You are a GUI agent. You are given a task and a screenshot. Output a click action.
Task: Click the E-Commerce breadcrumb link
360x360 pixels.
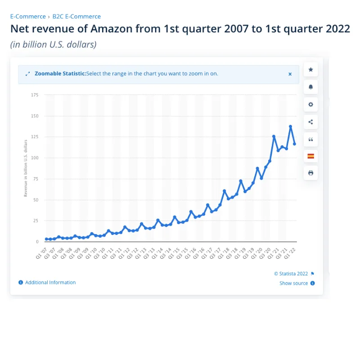coord(28,16)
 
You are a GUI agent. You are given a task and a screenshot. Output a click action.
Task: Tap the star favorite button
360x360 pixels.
coord(310,70)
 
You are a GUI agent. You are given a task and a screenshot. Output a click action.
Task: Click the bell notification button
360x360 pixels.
coord(310,87)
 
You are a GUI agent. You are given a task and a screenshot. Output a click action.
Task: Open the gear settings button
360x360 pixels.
coord(310,104)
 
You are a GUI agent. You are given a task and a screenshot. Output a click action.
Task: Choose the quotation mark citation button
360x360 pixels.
coord(310,139)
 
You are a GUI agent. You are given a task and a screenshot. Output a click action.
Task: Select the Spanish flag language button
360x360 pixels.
coord(310,156)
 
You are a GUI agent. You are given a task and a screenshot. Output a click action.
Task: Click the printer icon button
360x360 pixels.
coord(310,173)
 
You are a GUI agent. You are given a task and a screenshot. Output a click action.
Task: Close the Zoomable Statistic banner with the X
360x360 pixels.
coord(290,74)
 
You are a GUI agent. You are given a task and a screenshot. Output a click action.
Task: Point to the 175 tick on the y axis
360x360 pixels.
coord(35,95)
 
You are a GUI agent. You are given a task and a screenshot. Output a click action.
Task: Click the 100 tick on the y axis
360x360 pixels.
coord(35,158)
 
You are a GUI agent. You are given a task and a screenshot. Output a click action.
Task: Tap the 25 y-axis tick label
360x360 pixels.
coord(36,220)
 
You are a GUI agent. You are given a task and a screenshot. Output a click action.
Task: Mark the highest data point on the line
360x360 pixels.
coord(290,127)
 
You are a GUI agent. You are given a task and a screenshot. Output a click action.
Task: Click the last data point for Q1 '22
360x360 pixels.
coord(294,144)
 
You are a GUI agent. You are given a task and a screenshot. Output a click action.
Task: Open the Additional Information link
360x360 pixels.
coord(50,283)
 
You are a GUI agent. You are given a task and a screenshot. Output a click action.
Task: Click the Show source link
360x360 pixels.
coord(293,283)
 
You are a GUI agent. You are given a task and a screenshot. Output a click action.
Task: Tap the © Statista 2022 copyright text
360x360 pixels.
coord(291,274)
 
